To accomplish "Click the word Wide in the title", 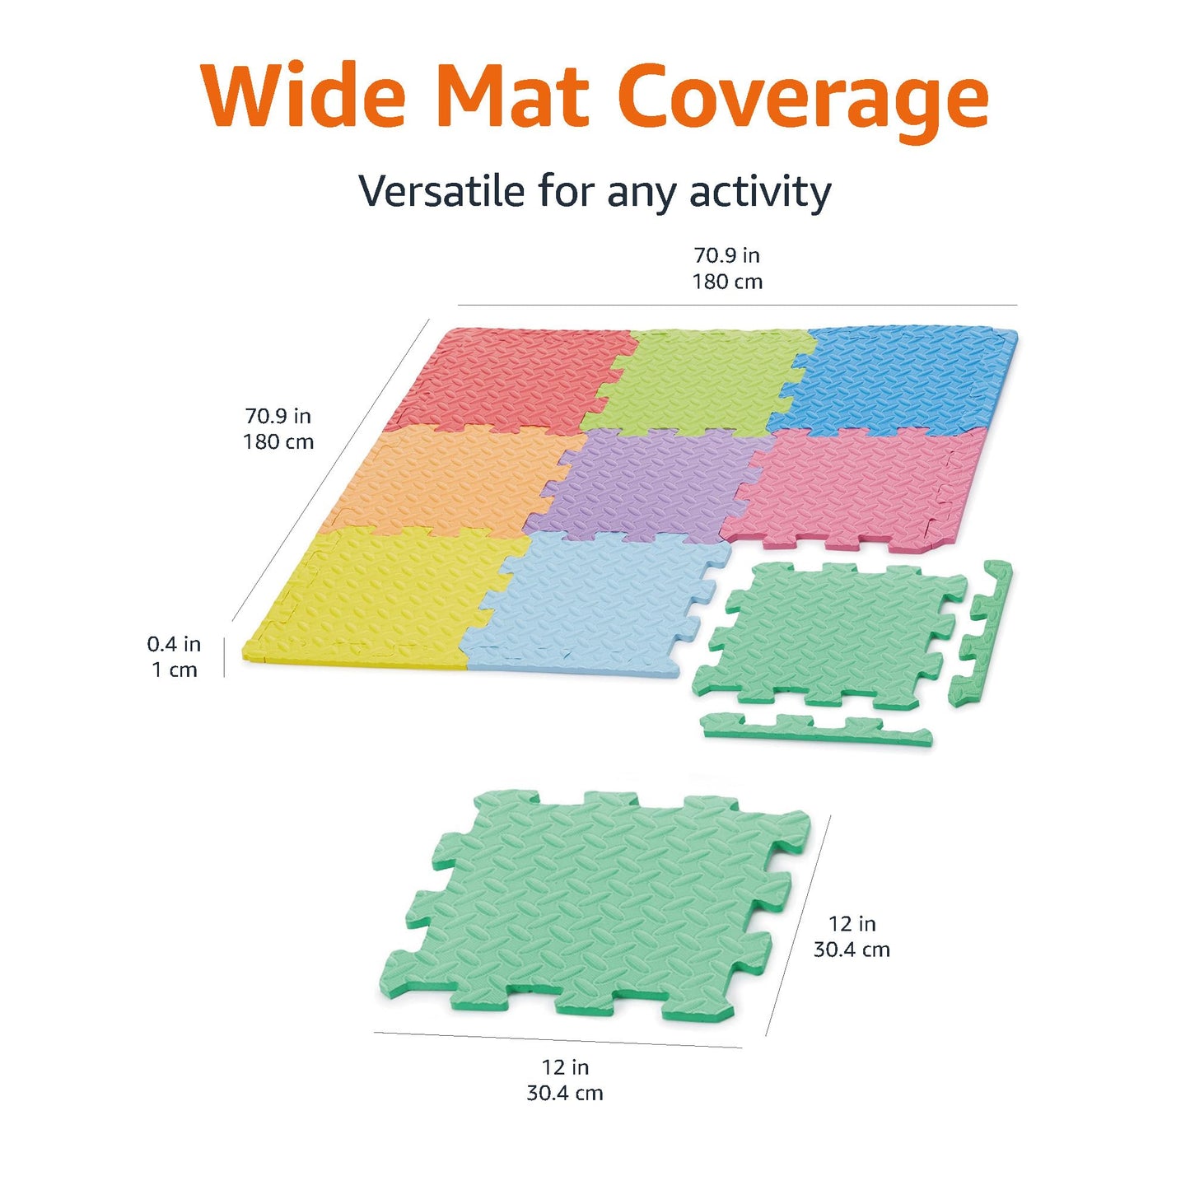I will pyautogui.click(x=304, y=96).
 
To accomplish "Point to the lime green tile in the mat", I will pyautogui.click(x=700, y=379).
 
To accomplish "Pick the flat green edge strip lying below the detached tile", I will pyautogui.click(x=815, y=730).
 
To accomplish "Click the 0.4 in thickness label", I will pyautogui.click(x=174, y=644).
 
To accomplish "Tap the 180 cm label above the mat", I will pyautogui.click(x=727, y=282).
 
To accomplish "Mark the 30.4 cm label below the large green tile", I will pyautogui.click(x=565, y=1093).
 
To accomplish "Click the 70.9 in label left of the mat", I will pyautogui.click(x=278, y=416).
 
